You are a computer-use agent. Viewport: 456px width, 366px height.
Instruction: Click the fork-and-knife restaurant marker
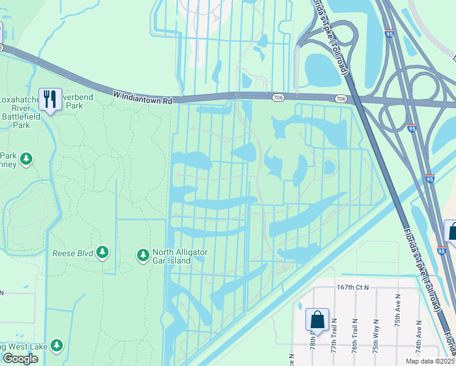coord(49,99)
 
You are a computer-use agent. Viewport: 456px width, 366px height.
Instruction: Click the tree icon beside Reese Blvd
coord(102,253)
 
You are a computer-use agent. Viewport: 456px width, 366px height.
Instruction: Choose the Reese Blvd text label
coord(73,253)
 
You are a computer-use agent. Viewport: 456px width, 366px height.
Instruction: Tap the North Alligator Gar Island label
coord(180,256)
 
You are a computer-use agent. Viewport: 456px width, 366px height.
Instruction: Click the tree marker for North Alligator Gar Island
coord(143,254)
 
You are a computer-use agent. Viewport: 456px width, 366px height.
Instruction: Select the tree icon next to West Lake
coord(57,346)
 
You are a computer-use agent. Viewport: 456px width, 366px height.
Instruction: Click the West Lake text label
coord(24,346)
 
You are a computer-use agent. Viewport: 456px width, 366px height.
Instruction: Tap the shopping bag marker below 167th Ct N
coord(317,320)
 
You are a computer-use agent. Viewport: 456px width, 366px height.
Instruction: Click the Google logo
coord(20,358)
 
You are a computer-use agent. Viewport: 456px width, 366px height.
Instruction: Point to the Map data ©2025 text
coord(429,361)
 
